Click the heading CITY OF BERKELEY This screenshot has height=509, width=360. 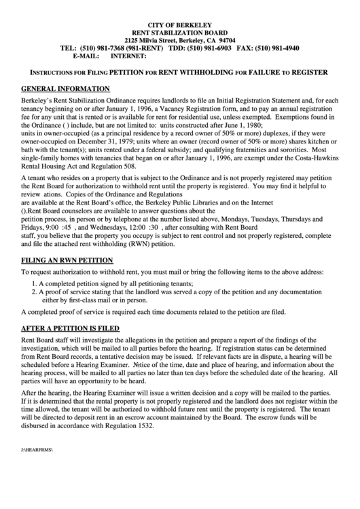[x=179, y=24]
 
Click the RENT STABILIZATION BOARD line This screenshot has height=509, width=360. [x=179, y=32]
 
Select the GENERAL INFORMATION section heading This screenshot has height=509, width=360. [x=65, y=89]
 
